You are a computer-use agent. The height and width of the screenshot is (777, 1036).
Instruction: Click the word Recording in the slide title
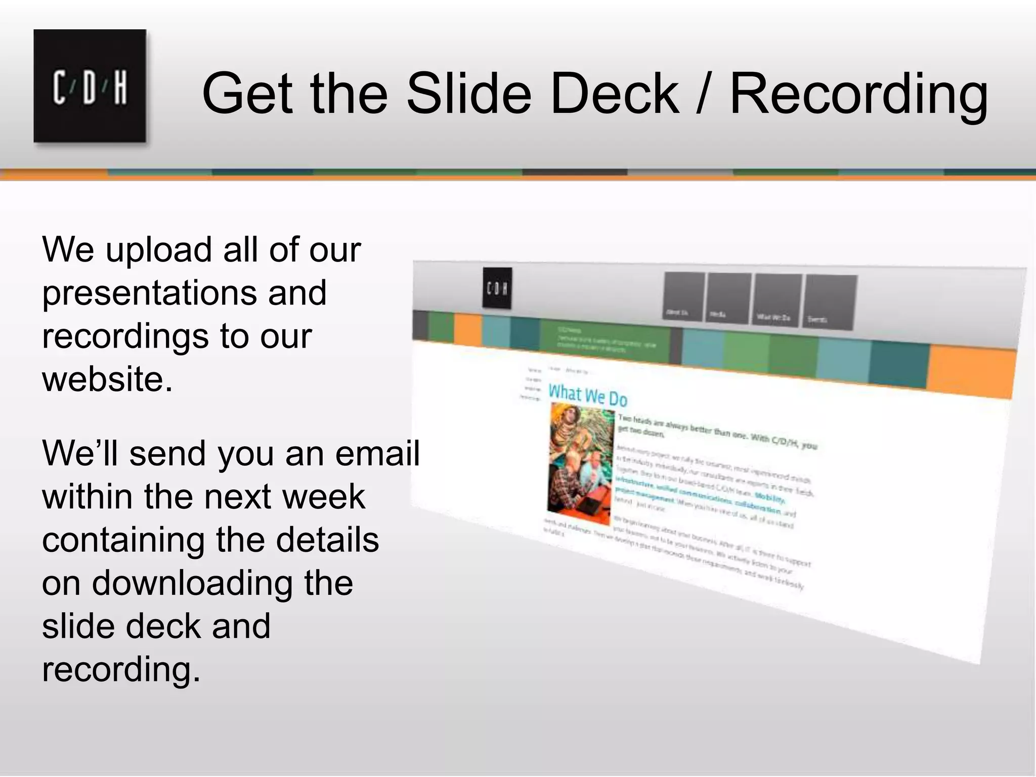click(x=858, y=94)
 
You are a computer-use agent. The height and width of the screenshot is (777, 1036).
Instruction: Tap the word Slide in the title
click(x=468, y=94)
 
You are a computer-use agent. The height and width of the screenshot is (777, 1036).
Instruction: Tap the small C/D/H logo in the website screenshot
click(x=497, y=288)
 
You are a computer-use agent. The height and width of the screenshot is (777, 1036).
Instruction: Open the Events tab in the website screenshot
click(x=830, y=303)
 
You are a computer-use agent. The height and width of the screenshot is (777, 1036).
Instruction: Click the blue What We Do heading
click(x=588, y=396)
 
